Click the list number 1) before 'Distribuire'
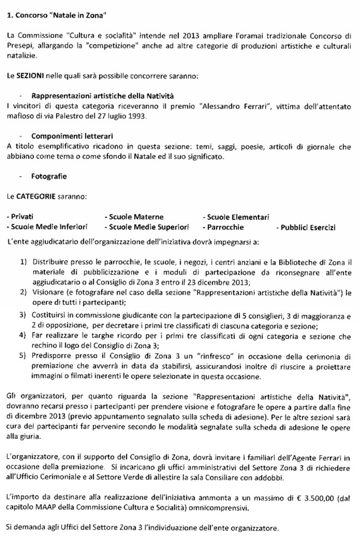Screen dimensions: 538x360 point(24,262)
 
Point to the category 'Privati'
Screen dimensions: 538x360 point(19,217)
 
